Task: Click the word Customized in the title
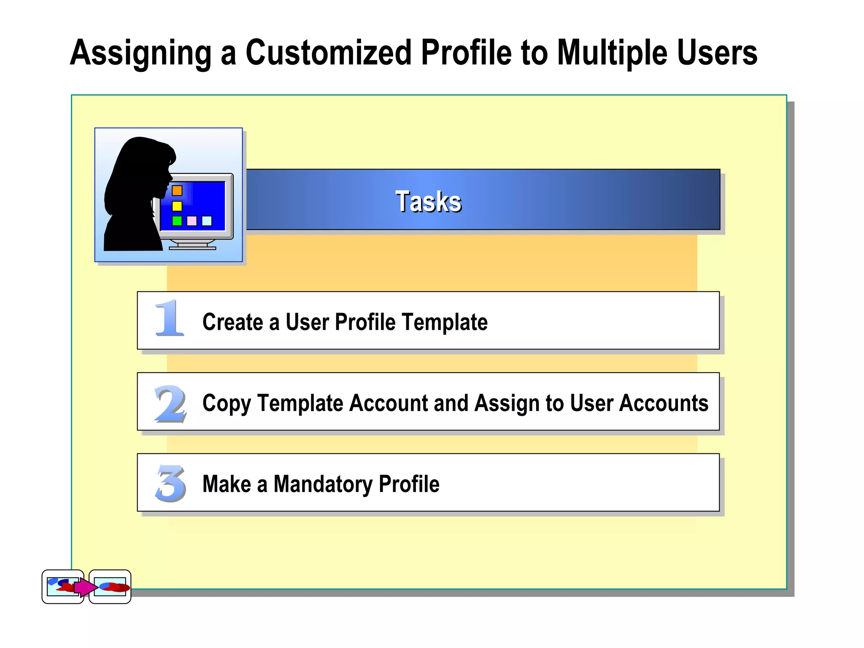click(328, 53)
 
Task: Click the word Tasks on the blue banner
click(428, 201)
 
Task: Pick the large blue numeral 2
click(170, 404)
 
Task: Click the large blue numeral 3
click(170, 483)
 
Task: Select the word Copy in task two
click(226, 404)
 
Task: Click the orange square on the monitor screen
click(177, 191)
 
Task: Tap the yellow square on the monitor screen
click(177, 206)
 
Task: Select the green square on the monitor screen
click(177, 221)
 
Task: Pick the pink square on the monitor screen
click(192, 221)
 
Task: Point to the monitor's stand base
click(192, 247)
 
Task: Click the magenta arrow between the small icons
click(86, 587)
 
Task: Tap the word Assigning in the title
click(140, 53)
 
